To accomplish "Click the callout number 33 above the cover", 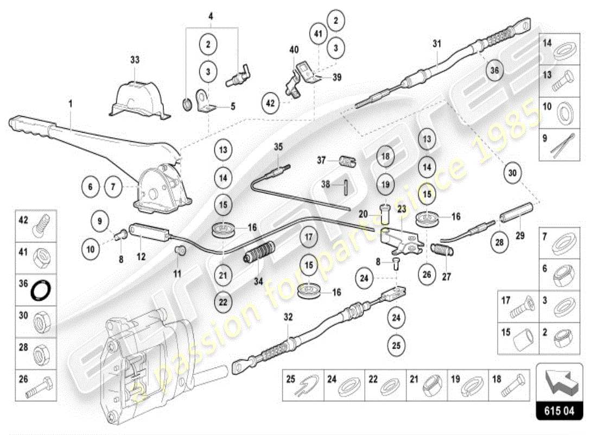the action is point(135,60).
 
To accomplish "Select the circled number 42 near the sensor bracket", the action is point(271,101).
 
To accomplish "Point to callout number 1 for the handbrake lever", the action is point(70,103).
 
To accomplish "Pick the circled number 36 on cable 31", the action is point(494,70).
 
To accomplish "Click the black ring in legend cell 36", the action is point(40,291).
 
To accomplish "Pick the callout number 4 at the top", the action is point(211,16).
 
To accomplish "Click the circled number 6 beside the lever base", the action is point(91,187).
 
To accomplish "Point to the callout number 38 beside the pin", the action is point(325,184).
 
